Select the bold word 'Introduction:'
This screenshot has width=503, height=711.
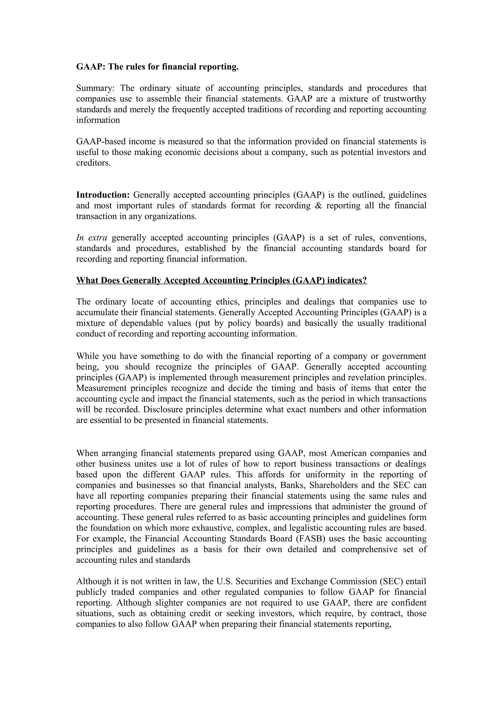coord(103,195)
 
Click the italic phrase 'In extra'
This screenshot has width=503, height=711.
coord(92,238)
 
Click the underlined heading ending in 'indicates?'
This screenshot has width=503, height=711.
coord(221,281)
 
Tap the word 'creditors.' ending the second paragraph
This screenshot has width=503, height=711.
coord(93,163)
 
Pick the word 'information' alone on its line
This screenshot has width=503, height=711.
coord(98,120)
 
